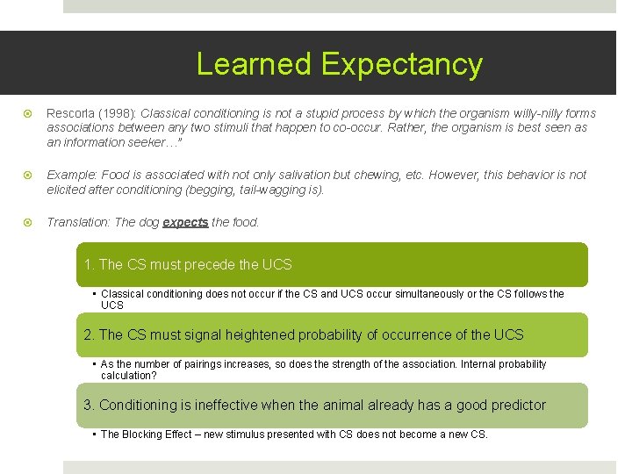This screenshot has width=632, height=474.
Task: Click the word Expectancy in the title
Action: click(401, 64)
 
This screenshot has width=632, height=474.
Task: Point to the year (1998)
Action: click(119, 113)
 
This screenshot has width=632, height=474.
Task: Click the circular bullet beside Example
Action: click(26, 175)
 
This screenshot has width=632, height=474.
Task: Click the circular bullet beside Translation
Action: click(26, 222)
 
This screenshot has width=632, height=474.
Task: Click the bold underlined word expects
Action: click(185, 222)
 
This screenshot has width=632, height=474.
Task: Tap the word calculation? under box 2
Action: click(129, 376)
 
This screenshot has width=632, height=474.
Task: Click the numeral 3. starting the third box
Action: click(89, 405)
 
